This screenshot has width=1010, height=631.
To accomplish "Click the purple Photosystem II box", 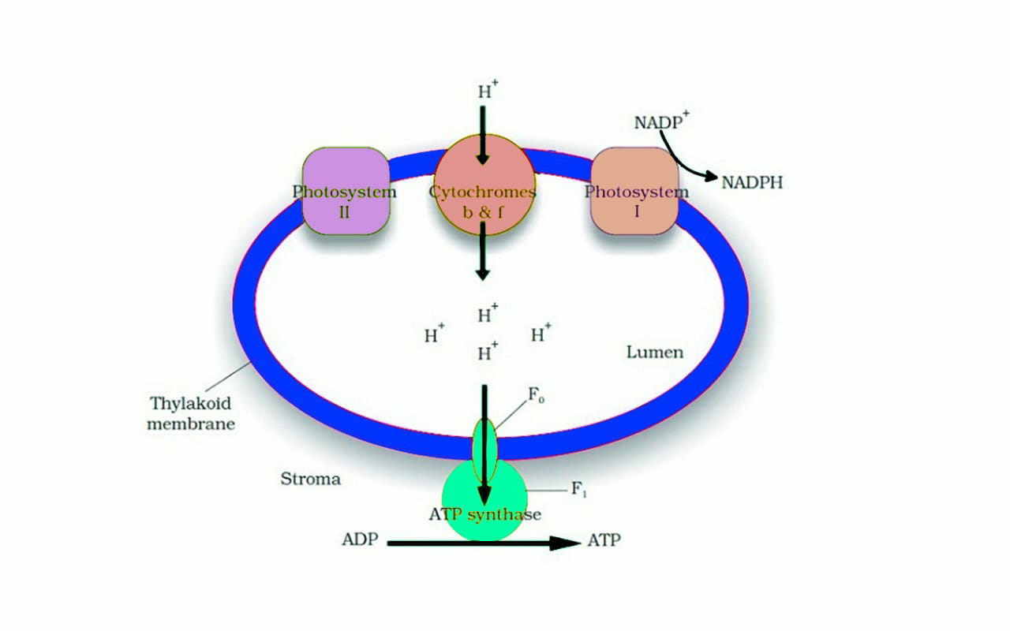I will (345, 192).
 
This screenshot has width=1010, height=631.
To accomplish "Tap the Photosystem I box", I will (634, 191).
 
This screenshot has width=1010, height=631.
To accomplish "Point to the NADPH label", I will (752, 183).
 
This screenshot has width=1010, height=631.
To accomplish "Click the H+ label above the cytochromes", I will (487, 90).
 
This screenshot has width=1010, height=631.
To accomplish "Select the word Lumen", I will (655, 352).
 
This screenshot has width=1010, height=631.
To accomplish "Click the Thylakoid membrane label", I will (192, 413).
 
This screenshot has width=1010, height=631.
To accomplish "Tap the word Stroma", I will (311, 479).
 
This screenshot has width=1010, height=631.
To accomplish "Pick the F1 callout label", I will (579, 489).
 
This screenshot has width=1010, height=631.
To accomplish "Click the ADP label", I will (361, 540).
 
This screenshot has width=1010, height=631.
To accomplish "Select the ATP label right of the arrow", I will (604, 540).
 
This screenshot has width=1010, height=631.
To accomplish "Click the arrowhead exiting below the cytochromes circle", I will (482, 273).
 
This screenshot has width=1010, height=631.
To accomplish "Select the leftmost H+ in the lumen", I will (434, 335).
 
